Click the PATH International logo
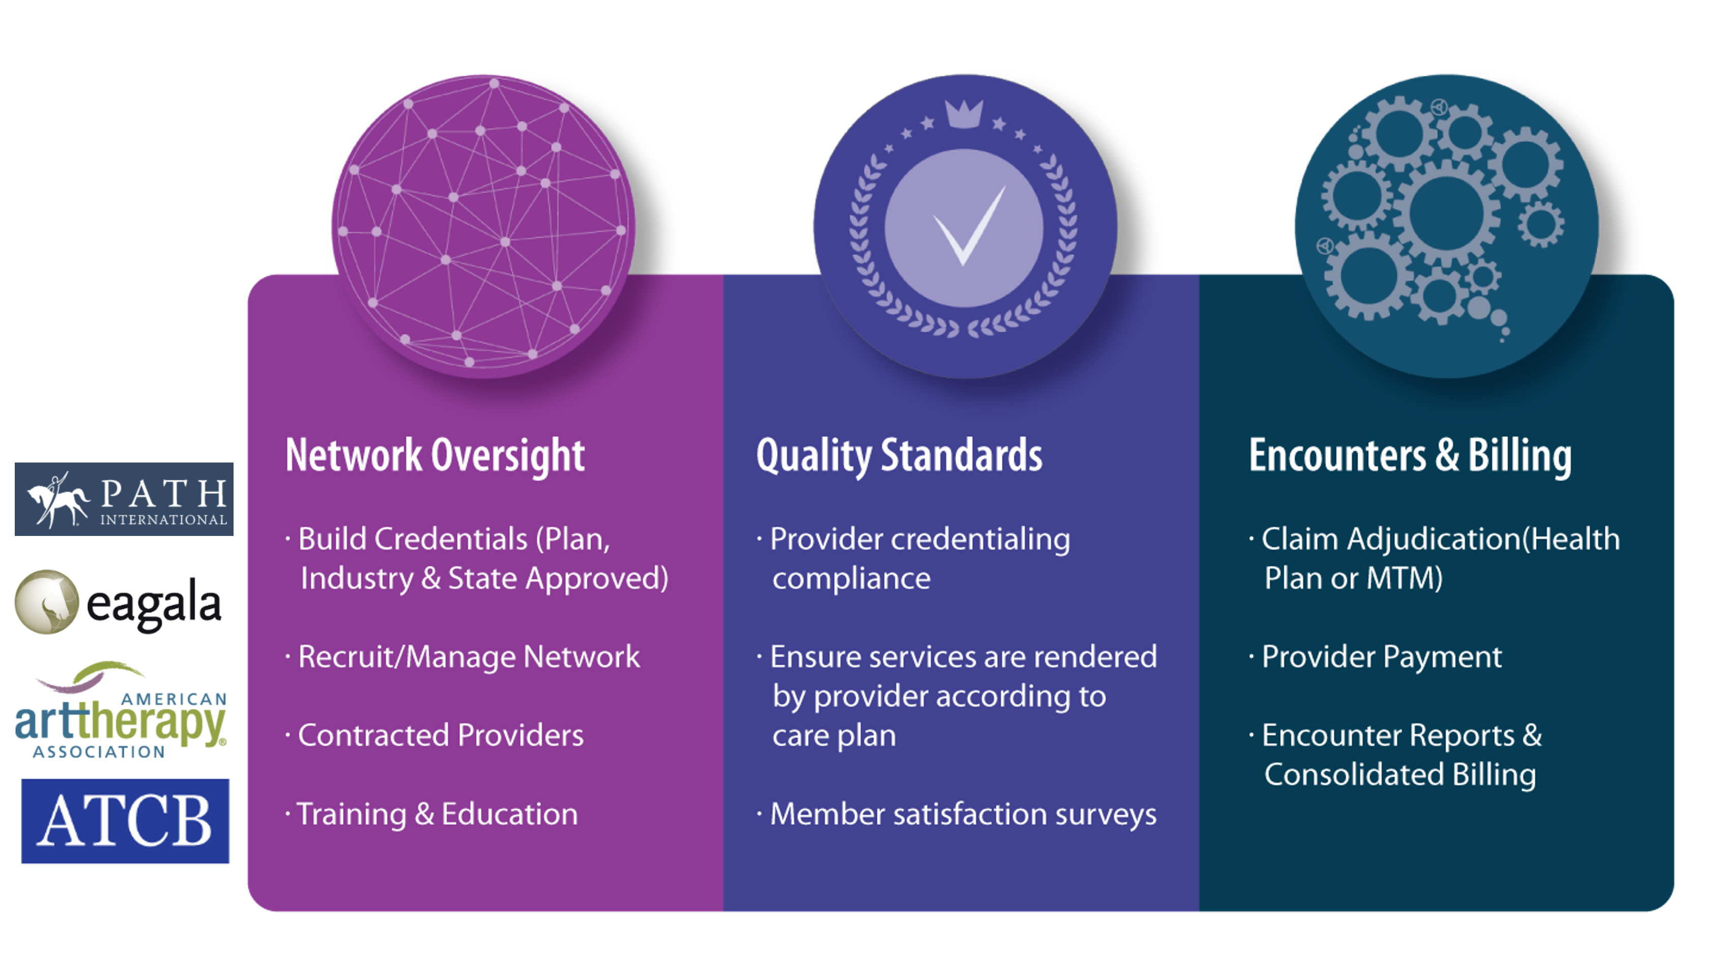coord(124,499)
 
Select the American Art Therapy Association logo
coord(121,711)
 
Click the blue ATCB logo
coord(125,821)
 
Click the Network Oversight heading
coord(435,456)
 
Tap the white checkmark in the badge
coord(968,226)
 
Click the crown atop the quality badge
coord(964,113)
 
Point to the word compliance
coord(851,579)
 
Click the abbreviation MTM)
coord(1404,578)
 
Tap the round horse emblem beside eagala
coord(47,602)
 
